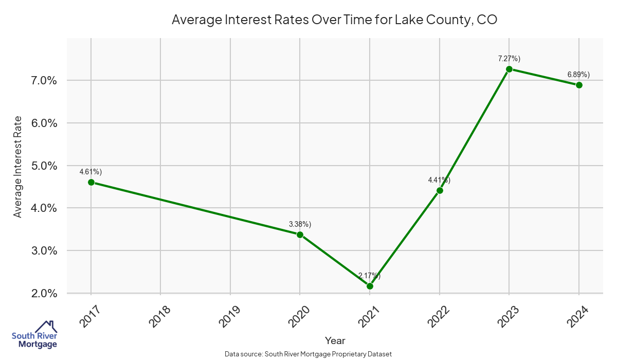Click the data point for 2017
(91, 182)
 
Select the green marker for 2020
(300, 235)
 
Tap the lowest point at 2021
(370, 286)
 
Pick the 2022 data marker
(440, 190)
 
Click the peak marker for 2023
(509, 69)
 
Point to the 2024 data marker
(579, 85)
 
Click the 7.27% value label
(509, 59)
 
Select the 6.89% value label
(579, 75)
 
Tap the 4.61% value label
(91, 172)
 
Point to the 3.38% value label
(300, 224)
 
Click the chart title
(334, 20)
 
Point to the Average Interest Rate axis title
(18, 166)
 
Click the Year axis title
(335, 340)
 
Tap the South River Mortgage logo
(34, 335)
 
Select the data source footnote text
(308, 354)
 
